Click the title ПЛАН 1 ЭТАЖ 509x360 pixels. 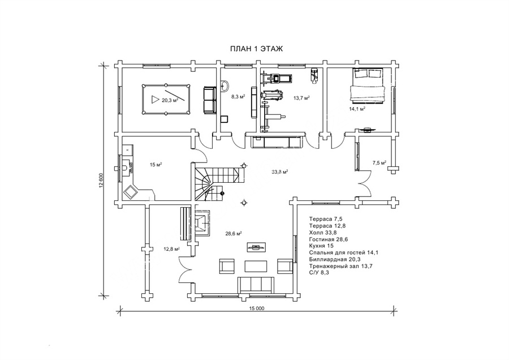click(x=256, y=49)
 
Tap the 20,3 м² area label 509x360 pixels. click(x=170, y=100)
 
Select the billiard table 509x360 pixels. click(x=166, y=98)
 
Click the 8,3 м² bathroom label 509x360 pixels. click(x=238, y=96)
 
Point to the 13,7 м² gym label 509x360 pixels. click(x=301, y=98)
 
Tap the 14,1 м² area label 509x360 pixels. click(x=357, y=109)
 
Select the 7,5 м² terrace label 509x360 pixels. click(x=379, y=162)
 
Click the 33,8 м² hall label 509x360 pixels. click(x=280, y=172)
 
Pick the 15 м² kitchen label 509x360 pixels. click(x=156, y=165)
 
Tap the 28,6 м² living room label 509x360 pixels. click(x=234, y=233)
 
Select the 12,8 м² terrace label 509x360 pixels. click(x=172, y=249)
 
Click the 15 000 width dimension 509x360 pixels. click(x=256, y=308)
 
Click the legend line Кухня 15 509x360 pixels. click(x=321, y=246)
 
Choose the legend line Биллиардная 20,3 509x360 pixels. click(x=335, y=259)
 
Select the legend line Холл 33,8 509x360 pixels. click(x=323, y=232)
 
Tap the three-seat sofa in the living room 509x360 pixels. click(x=256, y=284)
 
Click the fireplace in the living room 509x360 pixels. click(x=202, y=224)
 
